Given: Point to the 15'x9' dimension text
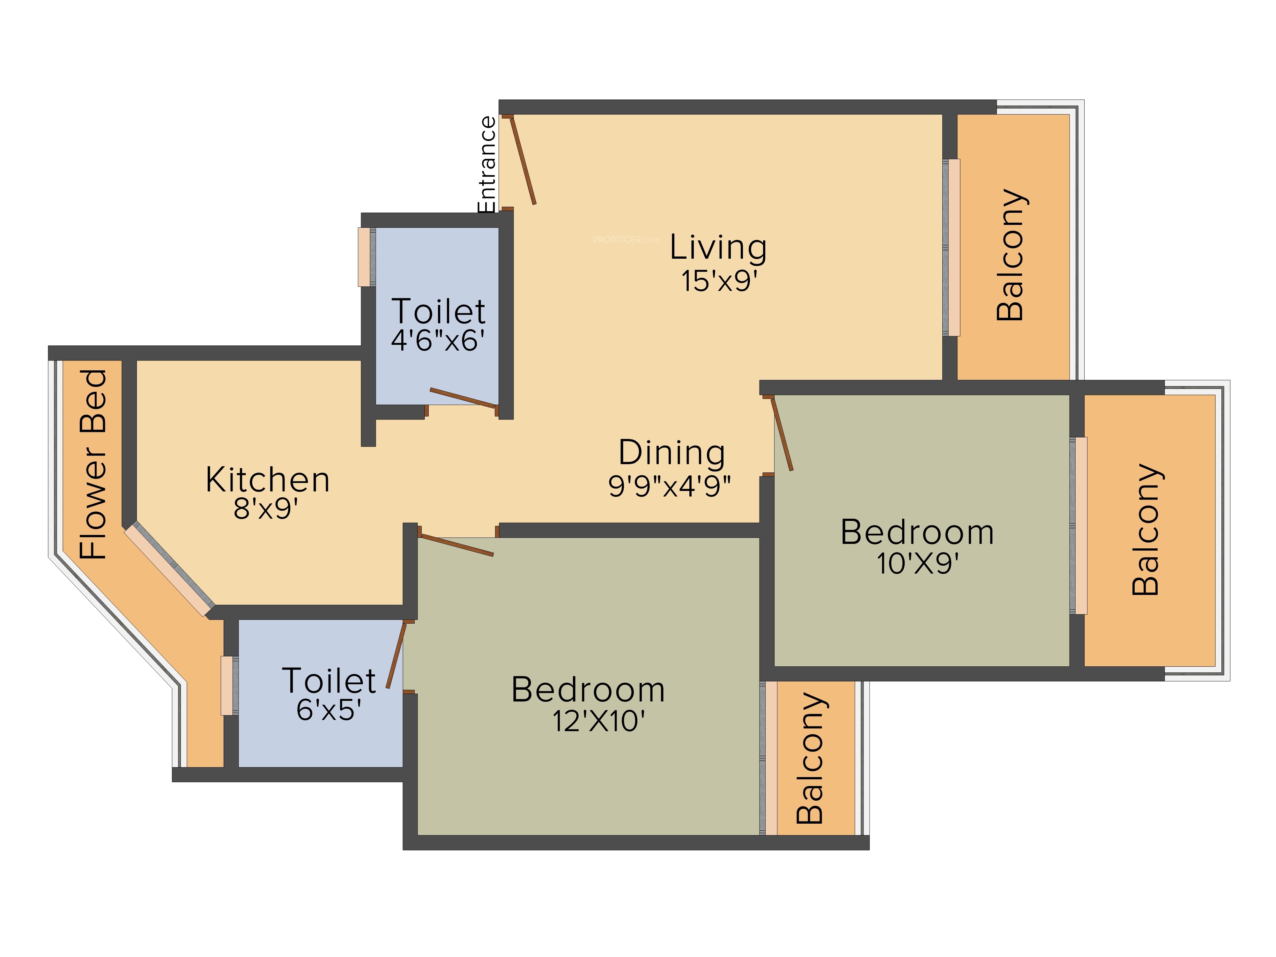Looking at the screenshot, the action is point(719,281).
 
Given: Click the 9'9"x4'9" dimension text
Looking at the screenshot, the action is point(669,486).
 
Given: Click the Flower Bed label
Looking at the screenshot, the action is point(93,464).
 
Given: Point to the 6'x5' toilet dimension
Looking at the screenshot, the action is point(329,709).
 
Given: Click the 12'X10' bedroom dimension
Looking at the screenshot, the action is point(598,721).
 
